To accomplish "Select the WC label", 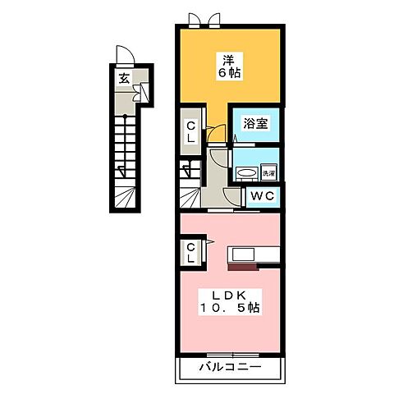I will [263, 196].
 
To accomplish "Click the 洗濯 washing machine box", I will [267, 172].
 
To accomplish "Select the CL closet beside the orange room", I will [190, 131].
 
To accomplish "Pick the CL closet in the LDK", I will [190, 252].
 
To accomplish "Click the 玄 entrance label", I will [122, 79].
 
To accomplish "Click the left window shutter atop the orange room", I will [194, 18].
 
